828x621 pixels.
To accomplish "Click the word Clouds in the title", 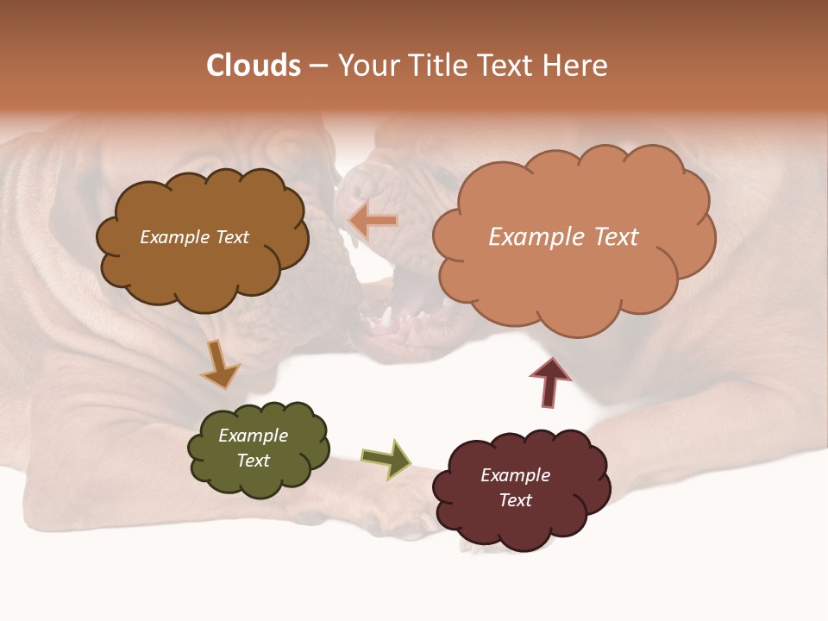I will point(254,66).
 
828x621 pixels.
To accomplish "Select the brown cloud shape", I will point(203,267).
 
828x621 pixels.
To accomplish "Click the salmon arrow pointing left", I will point(373,221).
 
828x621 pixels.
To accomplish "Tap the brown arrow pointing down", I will point(220,365).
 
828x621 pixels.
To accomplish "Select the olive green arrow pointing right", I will point(386,458).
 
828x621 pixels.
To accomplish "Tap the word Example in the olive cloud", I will point(253,436).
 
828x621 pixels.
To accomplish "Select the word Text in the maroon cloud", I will point(515,500).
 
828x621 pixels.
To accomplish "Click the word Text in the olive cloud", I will point(253,461).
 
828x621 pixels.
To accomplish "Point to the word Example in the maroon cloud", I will point(515,475).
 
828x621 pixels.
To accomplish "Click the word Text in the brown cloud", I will point(231,237).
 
